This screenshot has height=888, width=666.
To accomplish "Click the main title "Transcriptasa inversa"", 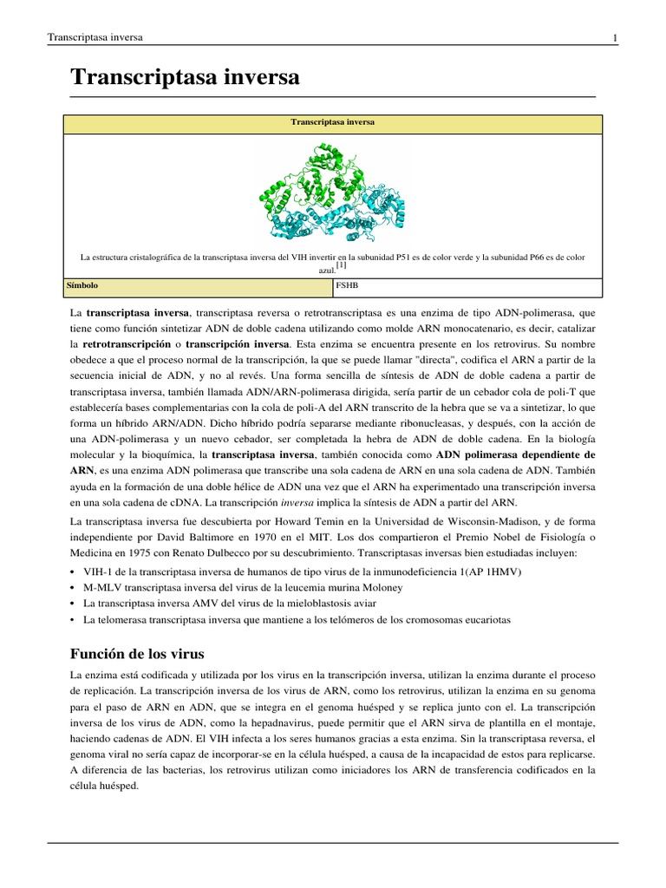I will pos(185,77).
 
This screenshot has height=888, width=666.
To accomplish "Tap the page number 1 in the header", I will pos(614,38).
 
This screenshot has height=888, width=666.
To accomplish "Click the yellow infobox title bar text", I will pos(332,123).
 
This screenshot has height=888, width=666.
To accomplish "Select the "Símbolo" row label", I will pos(82,284).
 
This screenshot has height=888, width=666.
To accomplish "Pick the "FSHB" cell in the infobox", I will pos(346,284).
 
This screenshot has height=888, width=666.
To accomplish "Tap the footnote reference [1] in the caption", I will pos(341,265).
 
